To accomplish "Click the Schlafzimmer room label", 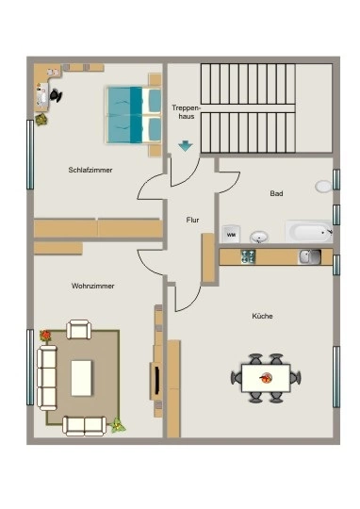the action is tap(90, 170).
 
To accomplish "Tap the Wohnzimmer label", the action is tap(93, 286).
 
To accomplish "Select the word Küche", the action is tap(262, 316).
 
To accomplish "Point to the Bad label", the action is tap(276, 193).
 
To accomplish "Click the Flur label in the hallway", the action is tap(192, 220).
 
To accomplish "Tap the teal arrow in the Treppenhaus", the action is tap(186, 146).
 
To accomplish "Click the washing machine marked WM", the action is tap(231, 234).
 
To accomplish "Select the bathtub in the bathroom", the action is tap(309, 232).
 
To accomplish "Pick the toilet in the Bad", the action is tap(323, 187).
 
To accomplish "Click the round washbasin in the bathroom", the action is tap(259, 237).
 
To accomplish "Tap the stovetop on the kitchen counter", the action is tap(248, 256).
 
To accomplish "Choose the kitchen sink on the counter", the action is tap(310, 256).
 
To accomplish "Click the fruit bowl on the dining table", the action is tap(266, 378).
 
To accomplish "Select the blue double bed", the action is tap(135, 115).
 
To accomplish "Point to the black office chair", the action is tap(56, 95).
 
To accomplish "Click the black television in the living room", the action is tap(156, 381).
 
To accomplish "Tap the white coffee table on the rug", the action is tap(81, 378).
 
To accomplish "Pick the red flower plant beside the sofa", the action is tap(45, 335).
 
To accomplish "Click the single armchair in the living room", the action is tap(79, 330).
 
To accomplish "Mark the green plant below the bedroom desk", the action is tap(41, 120).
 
